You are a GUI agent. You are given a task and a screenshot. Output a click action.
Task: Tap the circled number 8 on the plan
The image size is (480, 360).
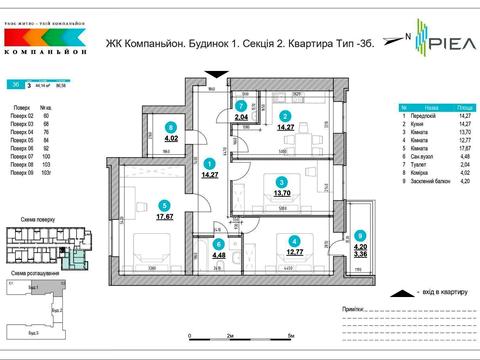[x=172, y=127]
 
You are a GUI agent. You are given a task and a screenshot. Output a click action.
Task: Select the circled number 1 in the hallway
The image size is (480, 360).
[x=209, y=163]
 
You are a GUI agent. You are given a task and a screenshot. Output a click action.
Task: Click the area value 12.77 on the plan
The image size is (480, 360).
[x=293, y=251]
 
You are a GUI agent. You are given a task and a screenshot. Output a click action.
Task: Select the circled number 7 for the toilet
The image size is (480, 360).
[x=240, y=105]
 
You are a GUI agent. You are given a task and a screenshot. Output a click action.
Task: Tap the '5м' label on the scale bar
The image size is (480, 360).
[x=289, y=337]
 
